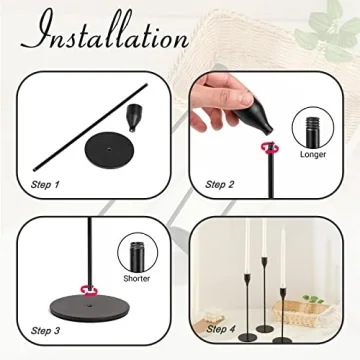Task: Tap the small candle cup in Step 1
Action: click(134, 118)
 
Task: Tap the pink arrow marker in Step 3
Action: click(89, 292)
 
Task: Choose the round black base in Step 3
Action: click(90, 306)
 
